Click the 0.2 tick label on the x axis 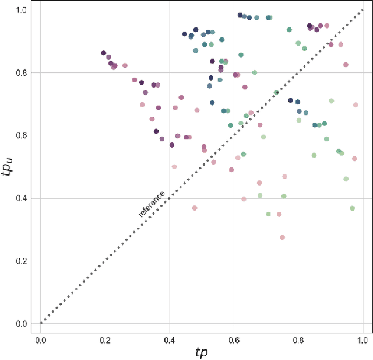coord(105,338)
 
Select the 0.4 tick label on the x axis coord(170,338)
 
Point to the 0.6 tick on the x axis coord(234,338)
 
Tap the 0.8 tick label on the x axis coord(299,338)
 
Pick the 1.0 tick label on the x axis coord(363,338)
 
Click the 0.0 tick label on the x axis coord(40,338)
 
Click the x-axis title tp coord(202,352)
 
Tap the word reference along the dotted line coord(152,204)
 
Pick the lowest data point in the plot coord(282,237)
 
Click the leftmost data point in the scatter coord(104,53)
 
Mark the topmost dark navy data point coord(240,15)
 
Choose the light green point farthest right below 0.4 coord(352,208)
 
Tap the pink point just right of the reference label coord(195,208)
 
